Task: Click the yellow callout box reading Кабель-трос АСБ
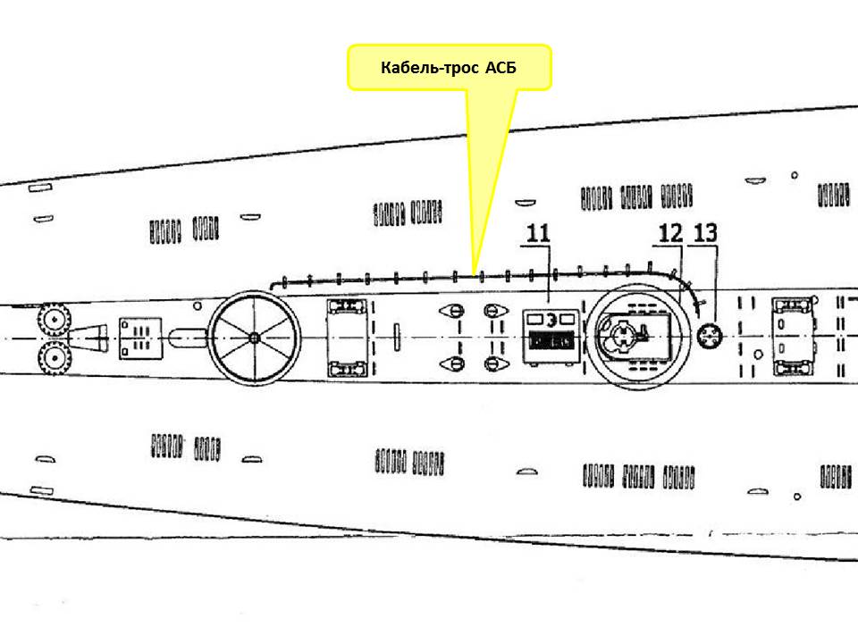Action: pyautogui.click(x=449, y=68)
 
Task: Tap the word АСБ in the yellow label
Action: pyautogui.click(x=500, y=68)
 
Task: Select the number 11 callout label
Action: pyautogui.click(x=537, y=234)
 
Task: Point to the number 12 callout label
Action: pyautogui.click(x=670, y=234)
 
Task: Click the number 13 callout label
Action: pyautogui.click(x=705, y=234)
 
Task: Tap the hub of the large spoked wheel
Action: pyautogui.click(x=255, y=337)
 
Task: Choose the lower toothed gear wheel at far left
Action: pyautogui.click(x=55, y=358)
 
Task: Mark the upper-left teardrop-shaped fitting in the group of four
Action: pyautogui.click(x=453, y=311)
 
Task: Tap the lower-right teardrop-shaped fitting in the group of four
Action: pyautogui.click(x=491, y=363)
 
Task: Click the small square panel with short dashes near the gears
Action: pyautogui.click(x=139, y=337)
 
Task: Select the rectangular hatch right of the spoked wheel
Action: pyautogui.click(x=348, y=337)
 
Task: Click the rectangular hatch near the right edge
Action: pyautogui.click(x=794, y=337)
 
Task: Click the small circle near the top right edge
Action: pyautogui.click(x=794, y=176)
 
